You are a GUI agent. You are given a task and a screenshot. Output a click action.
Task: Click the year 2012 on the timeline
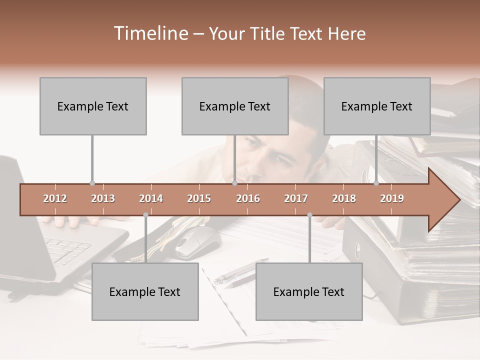(55, 198)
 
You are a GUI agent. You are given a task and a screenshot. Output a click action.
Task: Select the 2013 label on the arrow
(103, 198)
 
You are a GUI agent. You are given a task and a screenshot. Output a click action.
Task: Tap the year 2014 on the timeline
(151, 198)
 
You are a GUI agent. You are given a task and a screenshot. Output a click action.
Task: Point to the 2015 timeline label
(199, 198)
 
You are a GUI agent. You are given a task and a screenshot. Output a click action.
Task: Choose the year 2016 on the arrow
(248, 198)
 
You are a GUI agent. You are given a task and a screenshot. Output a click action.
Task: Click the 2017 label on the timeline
(296, 198)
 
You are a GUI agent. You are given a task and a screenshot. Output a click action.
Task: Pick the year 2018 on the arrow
(344, 198)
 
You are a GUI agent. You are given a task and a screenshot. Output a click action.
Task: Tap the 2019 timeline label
(392, 198)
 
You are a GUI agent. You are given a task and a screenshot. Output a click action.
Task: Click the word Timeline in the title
(150, 33)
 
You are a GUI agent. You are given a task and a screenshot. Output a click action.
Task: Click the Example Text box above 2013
(93, 106)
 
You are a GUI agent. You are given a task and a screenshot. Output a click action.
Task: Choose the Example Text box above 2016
(235, 106)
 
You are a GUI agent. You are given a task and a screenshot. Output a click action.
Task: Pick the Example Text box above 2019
(377, 106)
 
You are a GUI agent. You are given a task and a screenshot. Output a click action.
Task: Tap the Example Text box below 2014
(145, 291)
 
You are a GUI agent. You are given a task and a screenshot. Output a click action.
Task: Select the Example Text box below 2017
(309, 291)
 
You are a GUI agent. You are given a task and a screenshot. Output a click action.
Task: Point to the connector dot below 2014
(145, 215)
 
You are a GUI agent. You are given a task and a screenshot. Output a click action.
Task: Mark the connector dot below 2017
(309, 215)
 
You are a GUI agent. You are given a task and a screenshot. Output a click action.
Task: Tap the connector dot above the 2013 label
(92, 183)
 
